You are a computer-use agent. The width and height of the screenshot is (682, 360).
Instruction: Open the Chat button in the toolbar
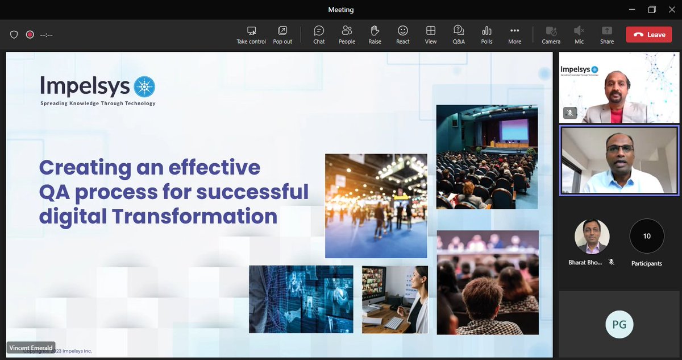319,34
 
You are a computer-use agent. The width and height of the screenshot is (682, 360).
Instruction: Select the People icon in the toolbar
347,34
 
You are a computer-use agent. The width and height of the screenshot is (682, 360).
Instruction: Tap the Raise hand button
375,34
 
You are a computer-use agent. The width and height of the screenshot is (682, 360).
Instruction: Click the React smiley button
403,34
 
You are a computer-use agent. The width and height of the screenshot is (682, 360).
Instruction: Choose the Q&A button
459,34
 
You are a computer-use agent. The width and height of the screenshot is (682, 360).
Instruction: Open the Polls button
486,34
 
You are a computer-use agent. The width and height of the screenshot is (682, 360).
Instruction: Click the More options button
514,34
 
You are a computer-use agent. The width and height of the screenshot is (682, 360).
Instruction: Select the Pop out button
282,34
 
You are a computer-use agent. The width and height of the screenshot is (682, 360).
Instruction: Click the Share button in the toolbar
607,34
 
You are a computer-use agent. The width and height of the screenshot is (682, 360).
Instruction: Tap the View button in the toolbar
431,34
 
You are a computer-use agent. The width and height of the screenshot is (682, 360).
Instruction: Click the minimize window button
632,10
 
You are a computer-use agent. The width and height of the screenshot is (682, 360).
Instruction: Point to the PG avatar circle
619,324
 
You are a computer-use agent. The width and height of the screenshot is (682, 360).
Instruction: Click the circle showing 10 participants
647,236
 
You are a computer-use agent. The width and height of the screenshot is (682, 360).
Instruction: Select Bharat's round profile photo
592,236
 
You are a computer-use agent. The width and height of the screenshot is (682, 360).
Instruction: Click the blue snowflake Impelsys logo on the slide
144,87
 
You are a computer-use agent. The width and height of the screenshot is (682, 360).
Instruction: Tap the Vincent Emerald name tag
31,347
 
